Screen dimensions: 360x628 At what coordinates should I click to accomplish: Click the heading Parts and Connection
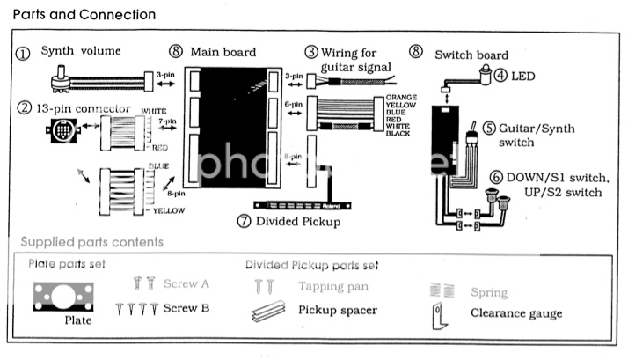tap(84, 15)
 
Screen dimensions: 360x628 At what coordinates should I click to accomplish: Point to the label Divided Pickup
tap(298, 221)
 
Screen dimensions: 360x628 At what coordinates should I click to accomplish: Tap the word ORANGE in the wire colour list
tap(391, 99)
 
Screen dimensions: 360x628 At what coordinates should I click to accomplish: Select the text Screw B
tap(186, 308)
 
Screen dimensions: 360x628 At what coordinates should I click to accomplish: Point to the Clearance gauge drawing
tap(437, 314)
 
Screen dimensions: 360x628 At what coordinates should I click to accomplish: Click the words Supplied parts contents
tap(91, 241)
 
